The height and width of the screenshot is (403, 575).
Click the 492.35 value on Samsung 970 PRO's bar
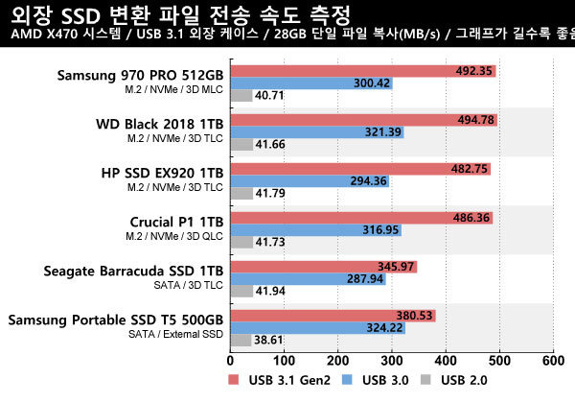[473, 70]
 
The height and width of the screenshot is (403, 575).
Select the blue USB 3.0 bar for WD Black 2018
[316, 131]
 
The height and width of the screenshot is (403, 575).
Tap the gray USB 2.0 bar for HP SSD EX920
[242, 193]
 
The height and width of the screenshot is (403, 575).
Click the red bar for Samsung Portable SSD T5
[331, 316]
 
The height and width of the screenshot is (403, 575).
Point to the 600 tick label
[553, 361]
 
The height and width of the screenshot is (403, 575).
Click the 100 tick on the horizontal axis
[284, 361]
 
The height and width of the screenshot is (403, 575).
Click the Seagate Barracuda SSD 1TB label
[133, 271]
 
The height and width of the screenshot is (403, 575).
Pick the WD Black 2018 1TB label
[160, 123]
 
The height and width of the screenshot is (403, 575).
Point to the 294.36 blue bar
[307, 180]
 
